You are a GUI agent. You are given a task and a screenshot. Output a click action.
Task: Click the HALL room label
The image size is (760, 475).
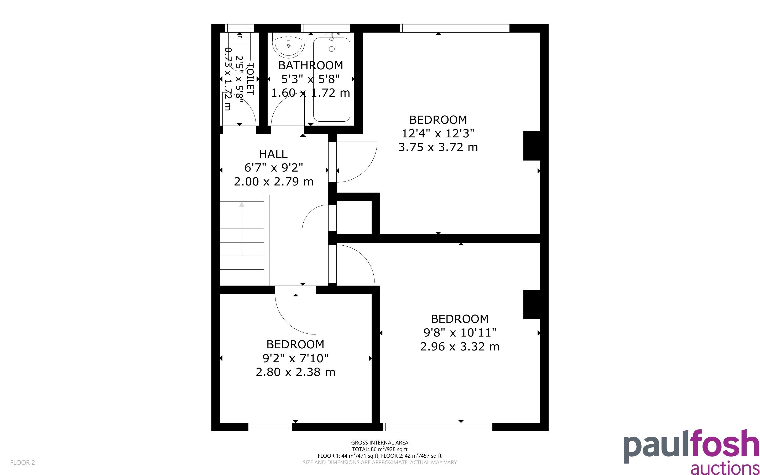point(273,154)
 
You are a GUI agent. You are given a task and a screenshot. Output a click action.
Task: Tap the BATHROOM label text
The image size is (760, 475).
point(310,65)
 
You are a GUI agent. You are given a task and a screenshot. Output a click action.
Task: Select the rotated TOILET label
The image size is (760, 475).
point(250,79)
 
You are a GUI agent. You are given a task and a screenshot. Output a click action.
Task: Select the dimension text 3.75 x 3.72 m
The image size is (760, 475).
point(438,147)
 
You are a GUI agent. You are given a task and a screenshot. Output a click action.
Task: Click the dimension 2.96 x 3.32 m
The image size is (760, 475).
point(460,347)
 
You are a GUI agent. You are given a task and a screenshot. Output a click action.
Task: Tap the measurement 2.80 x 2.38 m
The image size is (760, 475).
point(295,372)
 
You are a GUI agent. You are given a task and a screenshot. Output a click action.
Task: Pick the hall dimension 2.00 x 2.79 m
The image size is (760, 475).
point(273,182)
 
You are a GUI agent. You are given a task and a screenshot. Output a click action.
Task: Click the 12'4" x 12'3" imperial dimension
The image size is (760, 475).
point(438,133)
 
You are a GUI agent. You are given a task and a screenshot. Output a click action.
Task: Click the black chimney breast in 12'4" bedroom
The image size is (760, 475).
point(532,146)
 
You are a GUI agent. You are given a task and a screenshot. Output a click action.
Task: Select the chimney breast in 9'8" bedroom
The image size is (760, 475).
point(532,304)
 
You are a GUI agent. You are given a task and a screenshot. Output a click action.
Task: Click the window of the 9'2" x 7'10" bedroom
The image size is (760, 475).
point(270,427)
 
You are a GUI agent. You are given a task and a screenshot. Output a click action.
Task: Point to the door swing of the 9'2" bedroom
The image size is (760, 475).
point(295,314)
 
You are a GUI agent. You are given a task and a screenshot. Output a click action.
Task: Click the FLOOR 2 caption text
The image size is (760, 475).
point(23,462)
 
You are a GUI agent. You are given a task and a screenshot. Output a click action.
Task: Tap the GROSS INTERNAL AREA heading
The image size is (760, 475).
point(379,443)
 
